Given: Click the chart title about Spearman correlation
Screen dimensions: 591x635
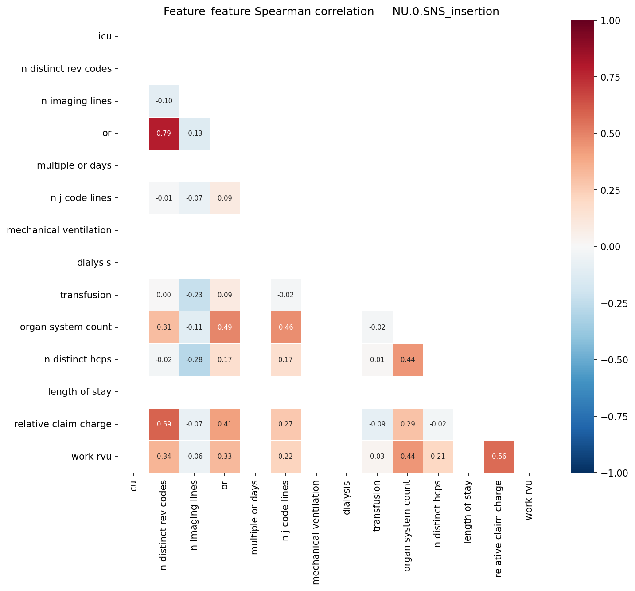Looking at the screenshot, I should [331, 12].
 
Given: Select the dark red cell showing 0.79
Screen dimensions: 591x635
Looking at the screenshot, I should [164, 134].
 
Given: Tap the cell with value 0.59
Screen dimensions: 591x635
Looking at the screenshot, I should [164, 424].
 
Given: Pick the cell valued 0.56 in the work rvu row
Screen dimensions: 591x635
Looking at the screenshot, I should [499, 457].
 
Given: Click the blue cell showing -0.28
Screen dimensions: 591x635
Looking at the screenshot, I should [194, 359].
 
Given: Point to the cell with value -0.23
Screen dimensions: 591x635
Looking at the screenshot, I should [194, 295].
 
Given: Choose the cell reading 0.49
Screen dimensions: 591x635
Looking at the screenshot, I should [225, 327].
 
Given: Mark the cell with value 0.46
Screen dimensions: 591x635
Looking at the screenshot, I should [286, 327].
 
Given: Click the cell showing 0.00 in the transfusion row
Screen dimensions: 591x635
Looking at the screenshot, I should [164, 295].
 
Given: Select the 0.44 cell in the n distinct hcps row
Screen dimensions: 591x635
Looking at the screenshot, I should [408, 359].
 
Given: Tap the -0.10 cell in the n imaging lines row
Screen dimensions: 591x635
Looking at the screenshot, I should [164, 101].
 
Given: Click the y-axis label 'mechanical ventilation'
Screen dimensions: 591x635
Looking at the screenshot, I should [59, 230].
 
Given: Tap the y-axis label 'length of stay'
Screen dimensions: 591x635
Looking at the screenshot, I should [80, 392].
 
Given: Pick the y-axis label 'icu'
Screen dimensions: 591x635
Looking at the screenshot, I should [105, 36].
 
